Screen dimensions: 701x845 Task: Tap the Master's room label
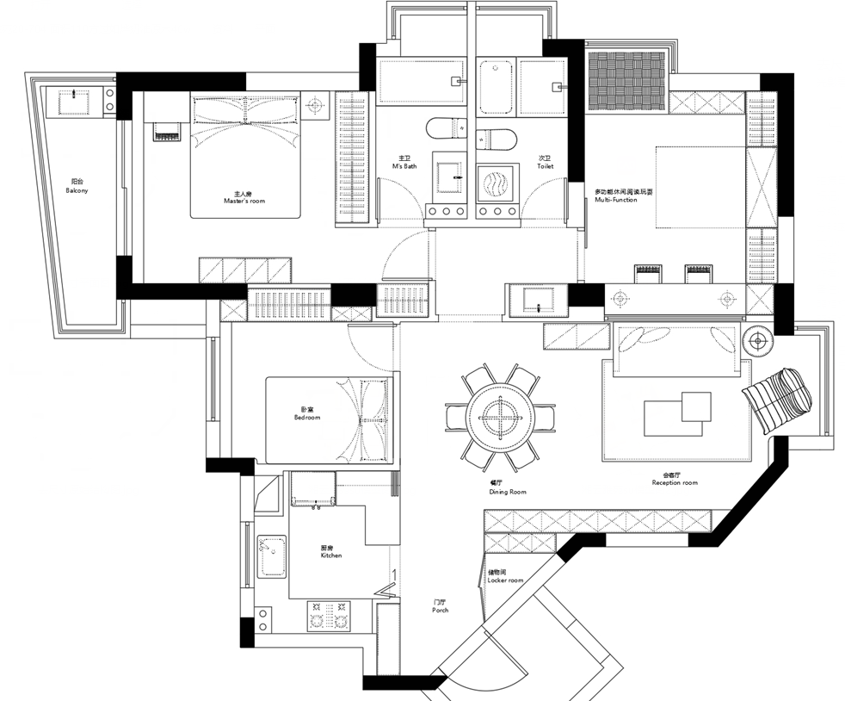point(244,198)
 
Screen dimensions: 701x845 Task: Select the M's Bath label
point(404,162)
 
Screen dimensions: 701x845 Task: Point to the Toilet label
point(546,162)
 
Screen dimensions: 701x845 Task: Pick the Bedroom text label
point(306,413)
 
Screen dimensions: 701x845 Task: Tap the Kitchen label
point(330,551)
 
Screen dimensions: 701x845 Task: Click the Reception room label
point(675,479)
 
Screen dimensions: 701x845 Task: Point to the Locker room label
point(505,576)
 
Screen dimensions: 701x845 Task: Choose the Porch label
point(440,606)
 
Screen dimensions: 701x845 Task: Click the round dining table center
point(498,419)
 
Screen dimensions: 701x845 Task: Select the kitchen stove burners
point(329,616)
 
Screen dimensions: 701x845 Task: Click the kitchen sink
point(272,556)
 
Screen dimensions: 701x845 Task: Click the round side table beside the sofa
point(758,343)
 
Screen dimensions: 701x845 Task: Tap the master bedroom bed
point(246,155)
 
